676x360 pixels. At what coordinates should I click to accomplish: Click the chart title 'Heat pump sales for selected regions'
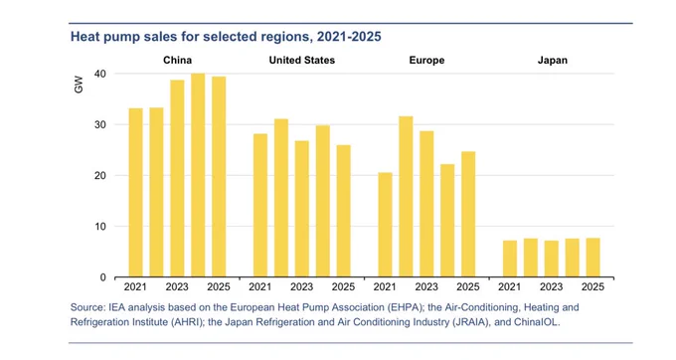coord(190,37)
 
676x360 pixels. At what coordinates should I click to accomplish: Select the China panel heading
coord(177,60)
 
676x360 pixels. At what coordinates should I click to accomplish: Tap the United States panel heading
coord(302,60)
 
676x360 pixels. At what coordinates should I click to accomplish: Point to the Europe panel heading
coord(426,60)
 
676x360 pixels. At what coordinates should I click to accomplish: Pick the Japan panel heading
coord(553,60)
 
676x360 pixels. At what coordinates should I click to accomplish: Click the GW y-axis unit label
coord(79,85)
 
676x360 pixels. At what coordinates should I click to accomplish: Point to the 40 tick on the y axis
coord(100,74)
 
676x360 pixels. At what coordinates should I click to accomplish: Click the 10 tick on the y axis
coord(100,227)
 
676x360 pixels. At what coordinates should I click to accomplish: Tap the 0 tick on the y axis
coord(102,277)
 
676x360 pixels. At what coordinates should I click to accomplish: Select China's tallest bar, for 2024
coord(198,175)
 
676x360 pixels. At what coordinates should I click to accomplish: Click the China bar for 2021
coord(136,192)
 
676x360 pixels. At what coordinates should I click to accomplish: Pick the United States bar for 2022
coord(281,198)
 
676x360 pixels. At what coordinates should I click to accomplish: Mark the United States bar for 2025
coord(344,211)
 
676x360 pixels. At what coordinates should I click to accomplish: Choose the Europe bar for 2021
coord(386,225)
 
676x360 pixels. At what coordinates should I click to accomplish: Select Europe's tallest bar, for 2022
coord(407,197)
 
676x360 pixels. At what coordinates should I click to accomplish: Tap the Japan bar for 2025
coord(592,258)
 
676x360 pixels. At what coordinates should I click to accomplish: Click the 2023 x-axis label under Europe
coord(426,287)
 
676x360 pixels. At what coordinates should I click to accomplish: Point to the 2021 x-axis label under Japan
coord(510,287)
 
